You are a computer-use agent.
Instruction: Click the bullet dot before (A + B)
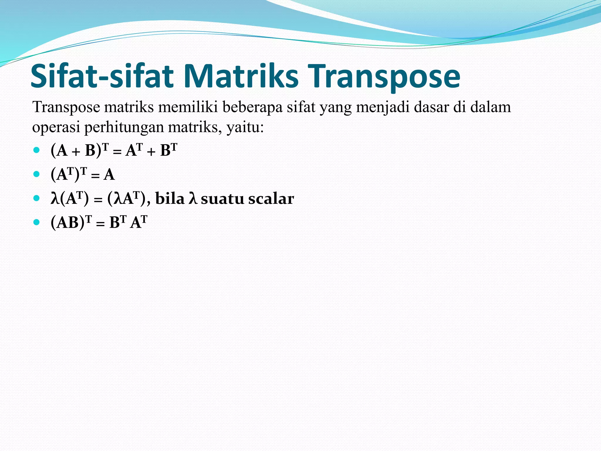click(x=36, y=150)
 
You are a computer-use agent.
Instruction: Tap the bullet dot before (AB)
click(x=36, y=222)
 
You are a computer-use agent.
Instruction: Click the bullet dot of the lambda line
click(x=36, y=198)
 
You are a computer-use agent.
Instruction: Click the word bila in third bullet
click(x=170, y=198)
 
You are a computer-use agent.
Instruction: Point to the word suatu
click(x=222, y=199)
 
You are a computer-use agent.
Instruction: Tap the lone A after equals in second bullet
click(x=109, y=175)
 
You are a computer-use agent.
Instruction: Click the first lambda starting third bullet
click(x=55, y=198)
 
